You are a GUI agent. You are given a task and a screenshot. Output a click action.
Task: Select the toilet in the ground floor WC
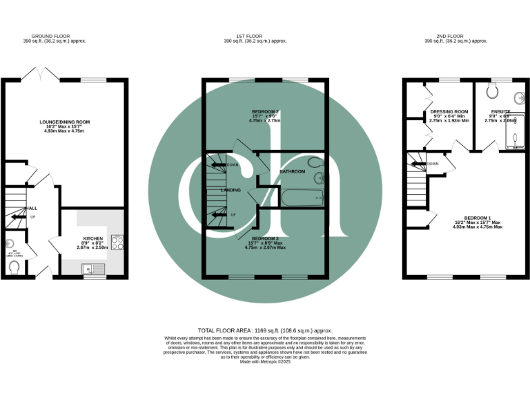tap(14, 266)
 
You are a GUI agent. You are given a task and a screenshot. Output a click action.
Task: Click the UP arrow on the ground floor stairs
tap(15, 217)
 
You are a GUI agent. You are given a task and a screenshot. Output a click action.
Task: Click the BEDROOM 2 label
tap(265, 111)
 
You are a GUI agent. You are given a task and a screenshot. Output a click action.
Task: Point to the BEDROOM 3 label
tap(264, 238)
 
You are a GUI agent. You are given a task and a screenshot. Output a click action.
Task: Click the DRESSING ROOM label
tap(449, 111)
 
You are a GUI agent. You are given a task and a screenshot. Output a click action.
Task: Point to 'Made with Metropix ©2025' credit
tap(264, 361)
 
